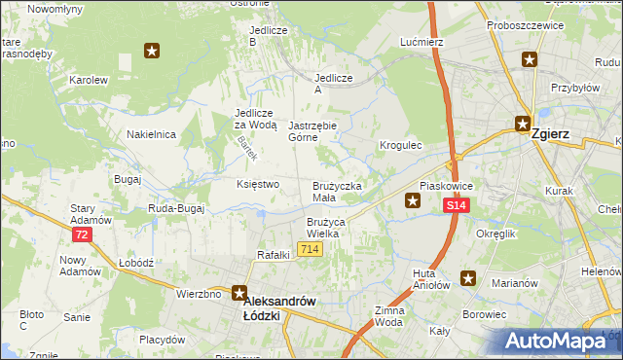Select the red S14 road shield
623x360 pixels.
(x=458, y=205)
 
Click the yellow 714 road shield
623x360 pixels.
(x=311, y=250)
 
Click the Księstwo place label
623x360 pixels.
(x=258, y=184)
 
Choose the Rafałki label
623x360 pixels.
(x=275, y=255)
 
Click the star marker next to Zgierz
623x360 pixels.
(x=522, y=125)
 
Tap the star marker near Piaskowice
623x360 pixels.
(x=413, y=201)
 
